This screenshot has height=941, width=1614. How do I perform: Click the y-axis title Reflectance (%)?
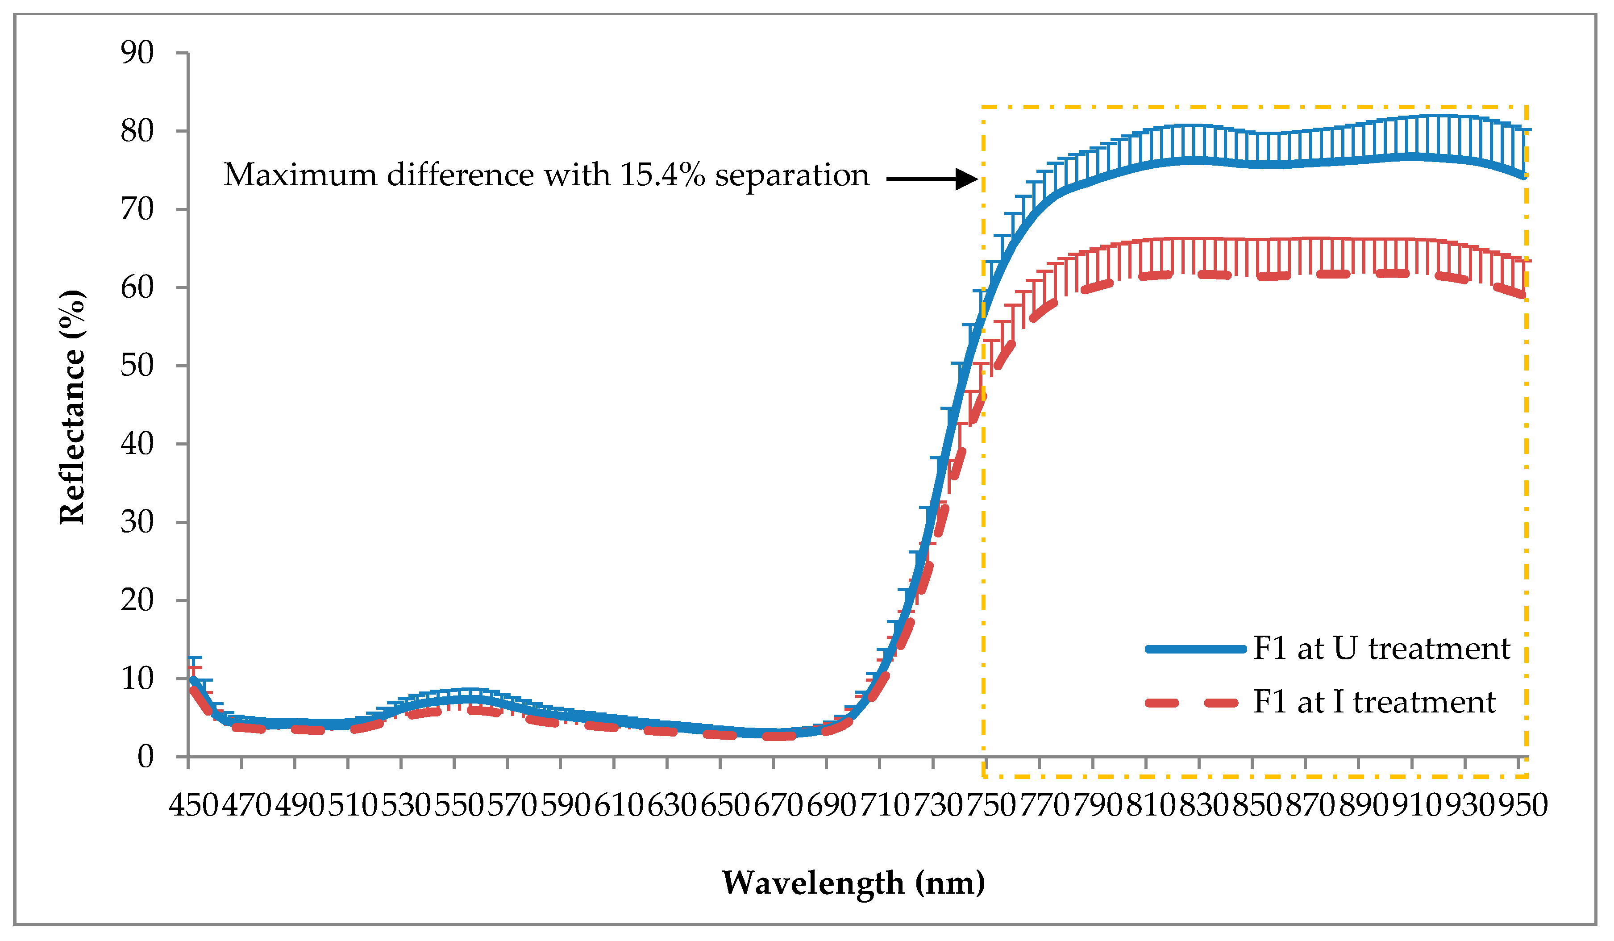(72, 406)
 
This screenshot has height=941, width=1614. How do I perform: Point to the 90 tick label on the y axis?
(137, 53)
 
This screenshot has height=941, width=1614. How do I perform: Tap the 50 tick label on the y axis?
(137, 366)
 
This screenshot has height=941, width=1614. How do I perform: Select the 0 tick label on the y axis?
(146, 757)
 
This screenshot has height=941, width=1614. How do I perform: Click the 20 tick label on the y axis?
(137, 600)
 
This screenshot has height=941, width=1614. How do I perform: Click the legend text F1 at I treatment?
(1374, 702)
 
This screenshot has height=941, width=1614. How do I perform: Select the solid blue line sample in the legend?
(1196, 650)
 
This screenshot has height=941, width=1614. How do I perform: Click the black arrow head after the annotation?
(966, 179)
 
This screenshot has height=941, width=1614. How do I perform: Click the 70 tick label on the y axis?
(137, 209)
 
